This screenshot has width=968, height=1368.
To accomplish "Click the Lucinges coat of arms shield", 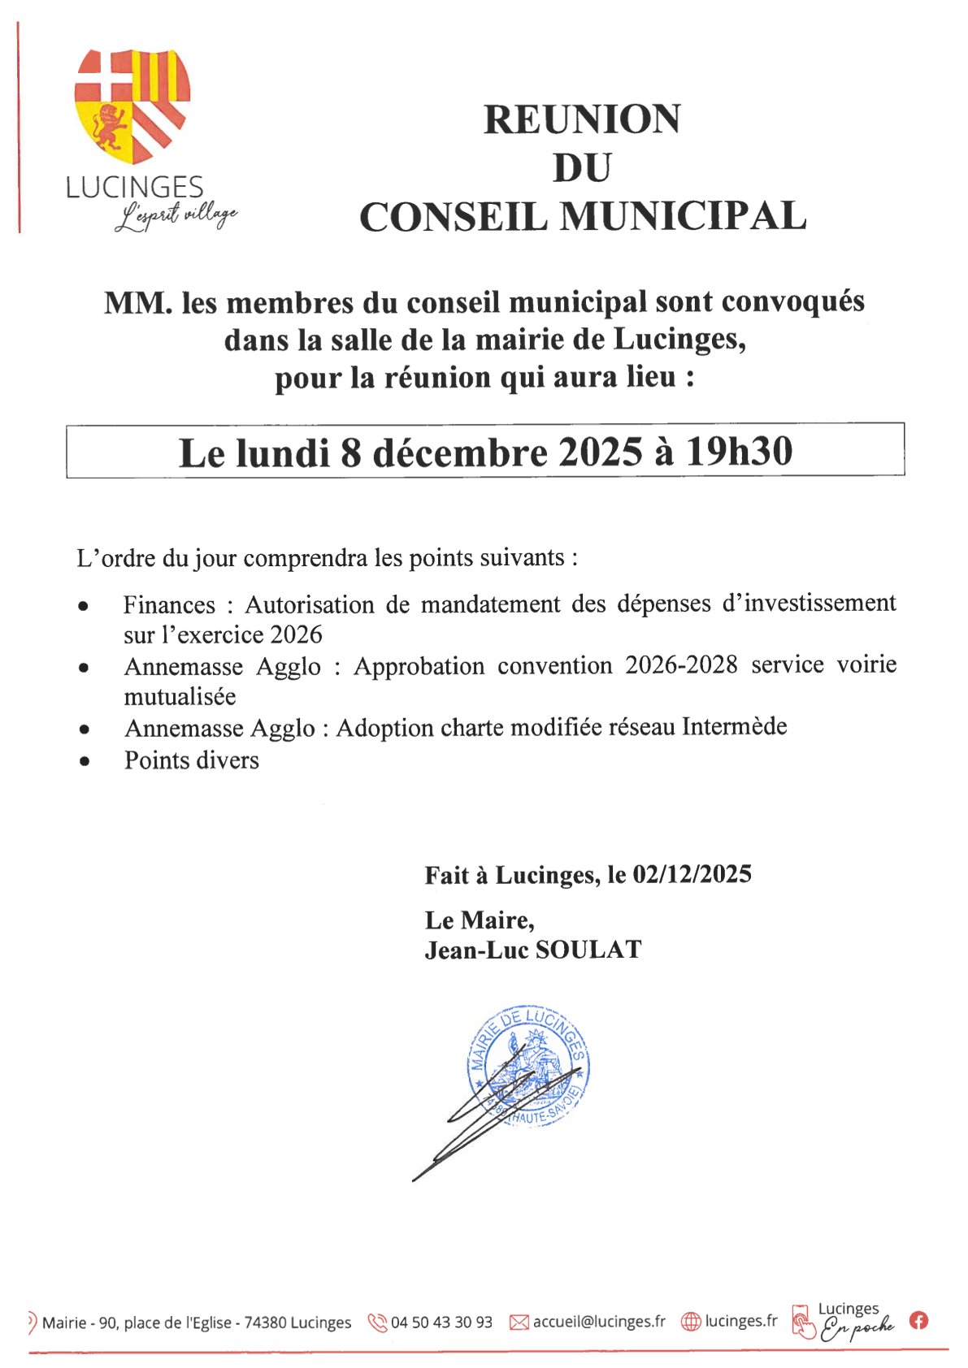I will click(132, 104).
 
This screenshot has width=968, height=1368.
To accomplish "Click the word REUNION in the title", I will click(582, 119).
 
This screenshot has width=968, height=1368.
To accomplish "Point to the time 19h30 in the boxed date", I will click(739, 452).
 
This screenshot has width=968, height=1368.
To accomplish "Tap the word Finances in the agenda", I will click(169, 605).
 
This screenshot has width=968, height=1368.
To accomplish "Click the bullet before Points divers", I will click(84, 762).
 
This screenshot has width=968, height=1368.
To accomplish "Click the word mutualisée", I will click(180, 697).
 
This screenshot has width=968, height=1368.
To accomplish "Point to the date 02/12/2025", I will click(692, 874).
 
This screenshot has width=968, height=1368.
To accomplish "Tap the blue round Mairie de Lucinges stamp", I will click(528, 1064).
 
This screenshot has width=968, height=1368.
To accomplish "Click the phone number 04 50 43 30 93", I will click(441, 1323).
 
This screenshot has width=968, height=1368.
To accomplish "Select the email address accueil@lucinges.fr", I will click(599, 1322).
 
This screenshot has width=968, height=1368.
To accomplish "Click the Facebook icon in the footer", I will click(918, 1321).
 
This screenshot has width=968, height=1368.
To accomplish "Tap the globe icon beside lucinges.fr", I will click(690, 1323).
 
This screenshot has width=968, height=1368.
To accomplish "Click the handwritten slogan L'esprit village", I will click(176, 217).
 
